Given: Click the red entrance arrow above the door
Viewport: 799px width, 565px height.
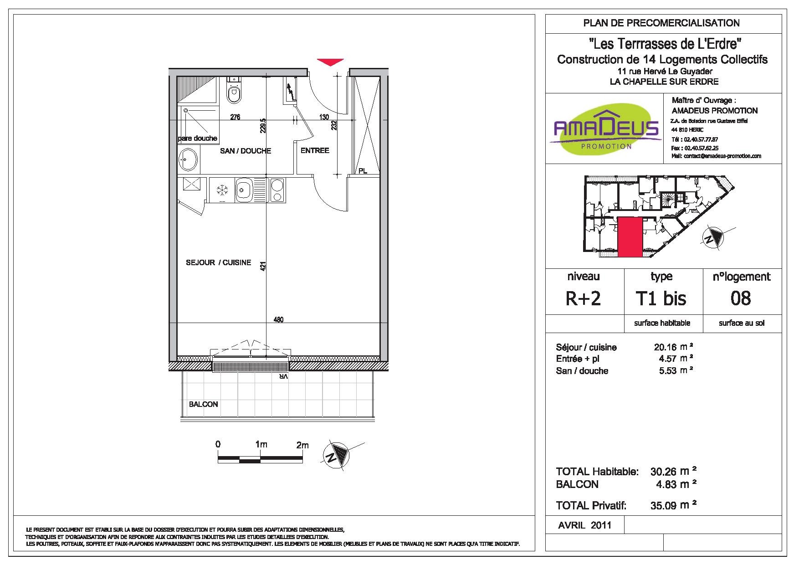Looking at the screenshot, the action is [x=330, y=62].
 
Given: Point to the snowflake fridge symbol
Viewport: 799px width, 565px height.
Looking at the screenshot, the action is [x=222, y=190].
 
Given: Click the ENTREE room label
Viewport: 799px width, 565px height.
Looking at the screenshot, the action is [x=315, y=150].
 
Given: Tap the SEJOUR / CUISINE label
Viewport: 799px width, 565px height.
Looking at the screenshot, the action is [x=219, y=262].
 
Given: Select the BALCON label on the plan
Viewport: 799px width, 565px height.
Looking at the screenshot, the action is [x=204, y=404].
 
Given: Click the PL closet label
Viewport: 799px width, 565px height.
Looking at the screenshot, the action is [x=363, y=171].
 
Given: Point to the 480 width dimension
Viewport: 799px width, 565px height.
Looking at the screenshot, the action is [x=278, y=320].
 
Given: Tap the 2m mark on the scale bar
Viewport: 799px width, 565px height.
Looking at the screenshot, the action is [x=302, y=445].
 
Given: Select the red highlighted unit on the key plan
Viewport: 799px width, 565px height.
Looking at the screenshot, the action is [x=630, y=237].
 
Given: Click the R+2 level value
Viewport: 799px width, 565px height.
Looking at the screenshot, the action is [x=583, y=298].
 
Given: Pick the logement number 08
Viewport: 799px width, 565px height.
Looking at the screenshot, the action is [x=741, y=298].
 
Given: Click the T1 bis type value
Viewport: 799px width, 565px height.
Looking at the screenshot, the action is [x=661, y=298].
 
